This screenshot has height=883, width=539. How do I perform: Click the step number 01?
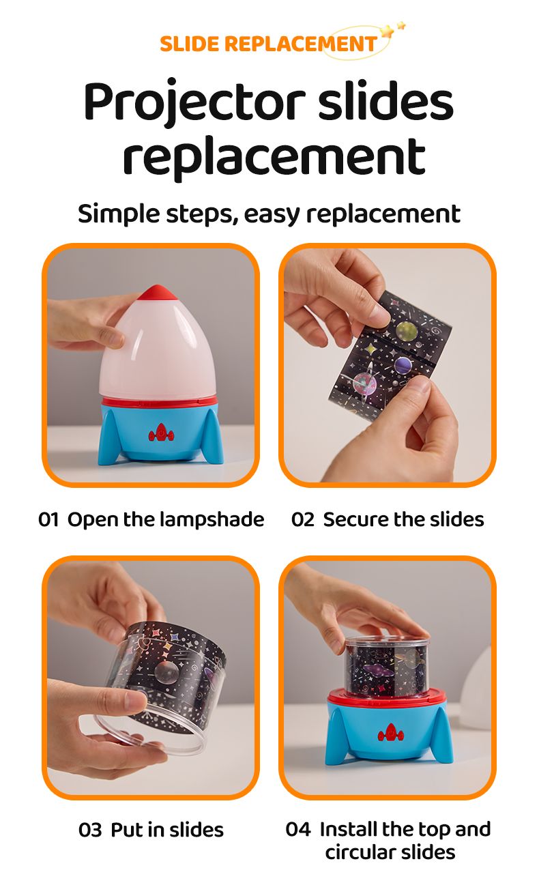(48, 519)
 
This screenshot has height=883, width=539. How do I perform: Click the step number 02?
(303, 519)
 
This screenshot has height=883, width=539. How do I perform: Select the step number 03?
(90, 830)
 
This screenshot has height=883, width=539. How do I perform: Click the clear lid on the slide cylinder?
(388, 641)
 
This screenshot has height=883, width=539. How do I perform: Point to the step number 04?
(298, 829)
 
